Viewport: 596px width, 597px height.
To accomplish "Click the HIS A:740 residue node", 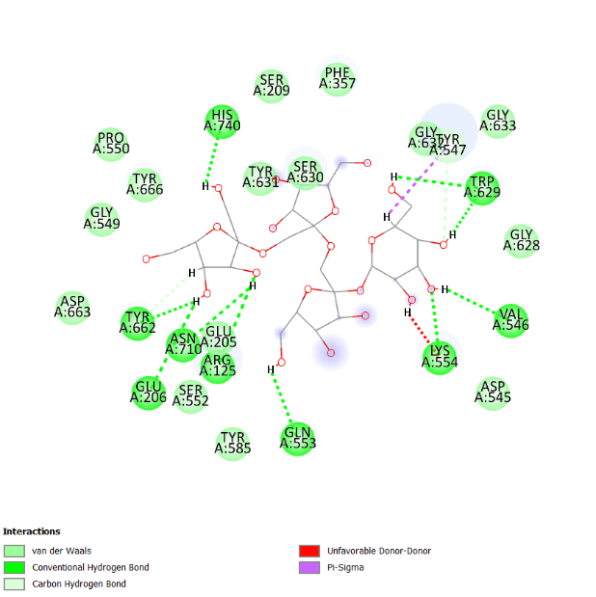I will [223, 122].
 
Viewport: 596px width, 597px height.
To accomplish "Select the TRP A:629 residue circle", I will [481, 188].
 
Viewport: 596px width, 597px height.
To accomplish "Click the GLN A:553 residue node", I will [298, 436].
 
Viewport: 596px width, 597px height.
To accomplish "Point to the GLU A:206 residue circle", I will [149, 393].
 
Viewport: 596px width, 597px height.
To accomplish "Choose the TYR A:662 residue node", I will [138, 323].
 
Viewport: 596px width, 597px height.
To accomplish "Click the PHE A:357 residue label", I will [339, 78].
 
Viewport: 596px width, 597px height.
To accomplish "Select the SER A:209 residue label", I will [272, 85].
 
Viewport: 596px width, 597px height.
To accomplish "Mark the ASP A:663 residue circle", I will [72, 307].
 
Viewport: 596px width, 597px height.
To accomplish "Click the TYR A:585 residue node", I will [232, 443].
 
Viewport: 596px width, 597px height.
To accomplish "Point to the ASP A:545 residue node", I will [493, 393].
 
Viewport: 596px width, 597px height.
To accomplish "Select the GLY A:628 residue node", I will [521, 240].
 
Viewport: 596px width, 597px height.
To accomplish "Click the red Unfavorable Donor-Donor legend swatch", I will [309, 552].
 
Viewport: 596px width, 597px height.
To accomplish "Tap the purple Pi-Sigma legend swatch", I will [309, 568].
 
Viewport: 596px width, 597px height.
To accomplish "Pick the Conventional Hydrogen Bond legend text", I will [91, 568].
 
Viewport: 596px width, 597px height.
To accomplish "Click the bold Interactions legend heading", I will [32, 531].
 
